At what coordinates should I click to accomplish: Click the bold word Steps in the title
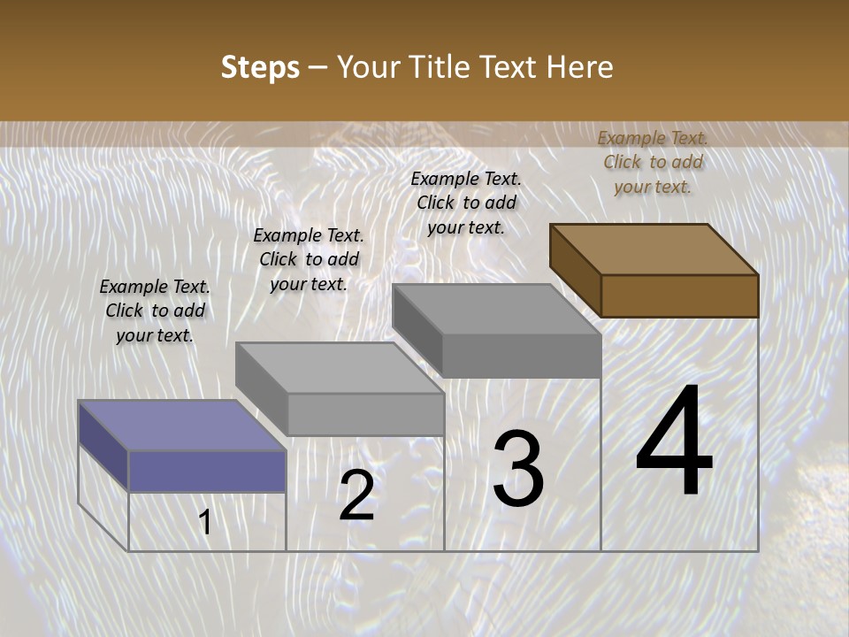click(x=260, y=67)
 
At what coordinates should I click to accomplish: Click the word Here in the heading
click(x=580, y=67)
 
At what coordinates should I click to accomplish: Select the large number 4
click(x=674, y=444)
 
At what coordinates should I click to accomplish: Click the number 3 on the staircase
click(x=518, y=469)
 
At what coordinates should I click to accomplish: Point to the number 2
click(x=356, y=495)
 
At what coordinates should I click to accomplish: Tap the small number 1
click(x=205, y=522)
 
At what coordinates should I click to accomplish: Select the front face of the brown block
click(x=679, y=295)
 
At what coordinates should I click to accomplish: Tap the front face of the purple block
click(x=207, y=471)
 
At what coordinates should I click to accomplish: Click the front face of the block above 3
click(x=521, y=356)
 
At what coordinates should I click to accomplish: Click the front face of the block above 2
click(x=365, y=414)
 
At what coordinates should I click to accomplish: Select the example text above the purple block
click(x=155, y=311)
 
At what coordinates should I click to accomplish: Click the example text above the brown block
click(x=653, y=162)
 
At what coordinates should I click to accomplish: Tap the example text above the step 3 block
click(x=466, y=203)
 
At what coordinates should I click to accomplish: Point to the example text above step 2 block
click(x=309, y=259)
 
